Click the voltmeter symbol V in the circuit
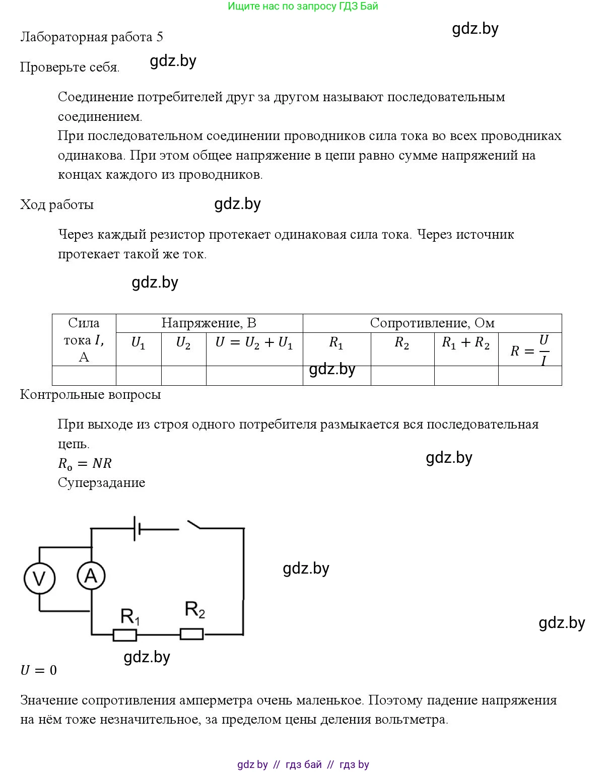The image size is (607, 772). tap(39, 578)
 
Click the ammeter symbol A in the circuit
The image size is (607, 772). tap(91, 576)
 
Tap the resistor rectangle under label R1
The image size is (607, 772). tap(124, 635)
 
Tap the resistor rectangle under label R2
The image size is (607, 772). tap(192, 634)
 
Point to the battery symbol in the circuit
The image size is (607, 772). tap(137, 528)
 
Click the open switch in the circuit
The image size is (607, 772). tap(194, 525)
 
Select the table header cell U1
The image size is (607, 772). tap(138, 343)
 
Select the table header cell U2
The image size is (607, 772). tap(183, 343)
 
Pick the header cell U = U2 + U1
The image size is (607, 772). tap(254, 343)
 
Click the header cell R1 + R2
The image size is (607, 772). tap(465, 343)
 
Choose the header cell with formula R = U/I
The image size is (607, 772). tap(529, 349)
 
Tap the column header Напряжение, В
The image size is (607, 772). tap(209, 323)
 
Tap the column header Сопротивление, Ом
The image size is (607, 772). tap(432, 323)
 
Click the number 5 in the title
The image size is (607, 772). tap(160, 37)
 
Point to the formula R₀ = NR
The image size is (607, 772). tap(85, 463)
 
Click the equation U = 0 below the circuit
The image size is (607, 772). tap(38, 670)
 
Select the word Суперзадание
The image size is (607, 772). tap(101, 482)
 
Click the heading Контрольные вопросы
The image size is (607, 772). tap(90, 394)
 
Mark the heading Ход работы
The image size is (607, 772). tap(56, 204)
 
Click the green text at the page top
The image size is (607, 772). tap(303, 7)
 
